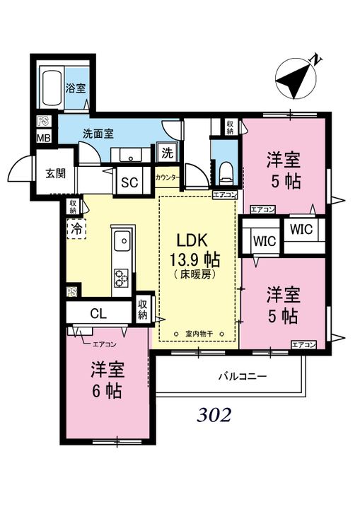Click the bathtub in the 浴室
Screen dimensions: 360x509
tap(52, 88)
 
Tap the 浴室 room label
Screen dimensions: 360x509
tap(76, 88)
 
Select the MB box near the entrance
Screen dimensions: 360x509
tap(44, 138)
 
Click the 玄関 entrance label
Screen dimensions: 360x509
tap(56, 174)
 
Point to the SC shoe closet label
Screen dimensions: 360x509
tap(129, 183)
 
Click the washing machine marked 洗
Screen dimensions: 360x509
tap(168, 153)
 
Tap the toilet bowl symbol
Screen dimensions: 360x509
tap(225, 173)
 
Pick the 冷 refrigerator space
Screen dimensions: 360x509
tap(76, 229)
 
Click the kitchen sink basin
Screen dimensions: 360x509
tap(122, 241)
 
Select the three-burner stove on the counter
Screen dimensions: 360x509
tap(120, 279)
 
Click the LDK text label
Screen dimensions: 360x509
tap(192, 240)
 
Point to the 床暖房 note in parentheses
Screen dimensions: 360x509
tap(194, 275)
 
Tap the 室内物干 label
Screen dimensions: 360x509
tap(199, 334)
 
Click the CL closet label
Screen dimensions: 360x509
tap(98, 314)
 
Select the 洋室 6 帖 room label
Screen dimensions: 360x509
tap(107, 380)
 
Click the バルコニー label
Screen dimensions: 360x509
tap(243, 377)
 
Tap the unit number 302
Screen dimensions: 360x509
tap(214, 415)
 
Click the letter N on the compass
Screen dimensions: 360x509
tap(316, 60)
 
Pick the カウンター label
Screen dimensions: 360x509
tap(168, 177)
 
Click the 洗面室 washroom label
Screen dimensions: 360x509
tap(98, 134)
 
